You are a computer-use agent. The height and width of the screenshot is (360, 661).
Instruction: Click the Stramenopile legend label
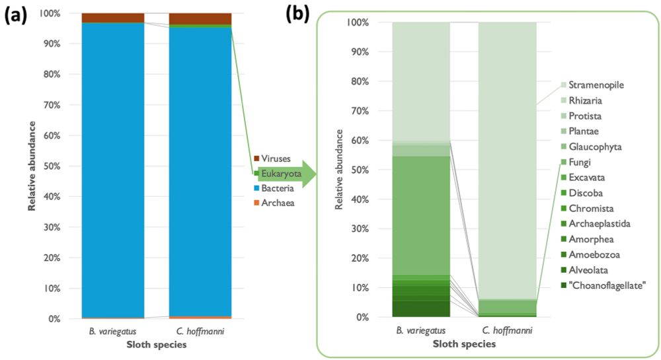[596, 85]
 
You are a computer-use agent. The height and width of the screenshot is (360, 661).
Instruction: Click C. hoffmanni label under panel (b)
[508, 331]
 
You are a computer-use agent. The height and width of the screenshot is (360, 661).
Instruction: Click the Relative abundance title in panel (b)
[339, 170]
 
